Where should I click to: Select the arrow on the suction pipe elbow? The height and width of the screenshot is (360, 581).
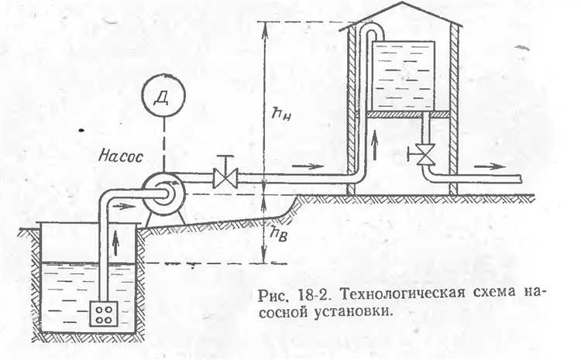(124, 205)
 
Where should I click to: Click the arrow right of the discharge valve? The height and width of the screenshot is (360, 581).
(307, 166)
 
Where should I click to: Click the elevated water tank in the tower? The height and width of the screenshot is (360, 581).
(403, 74)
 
